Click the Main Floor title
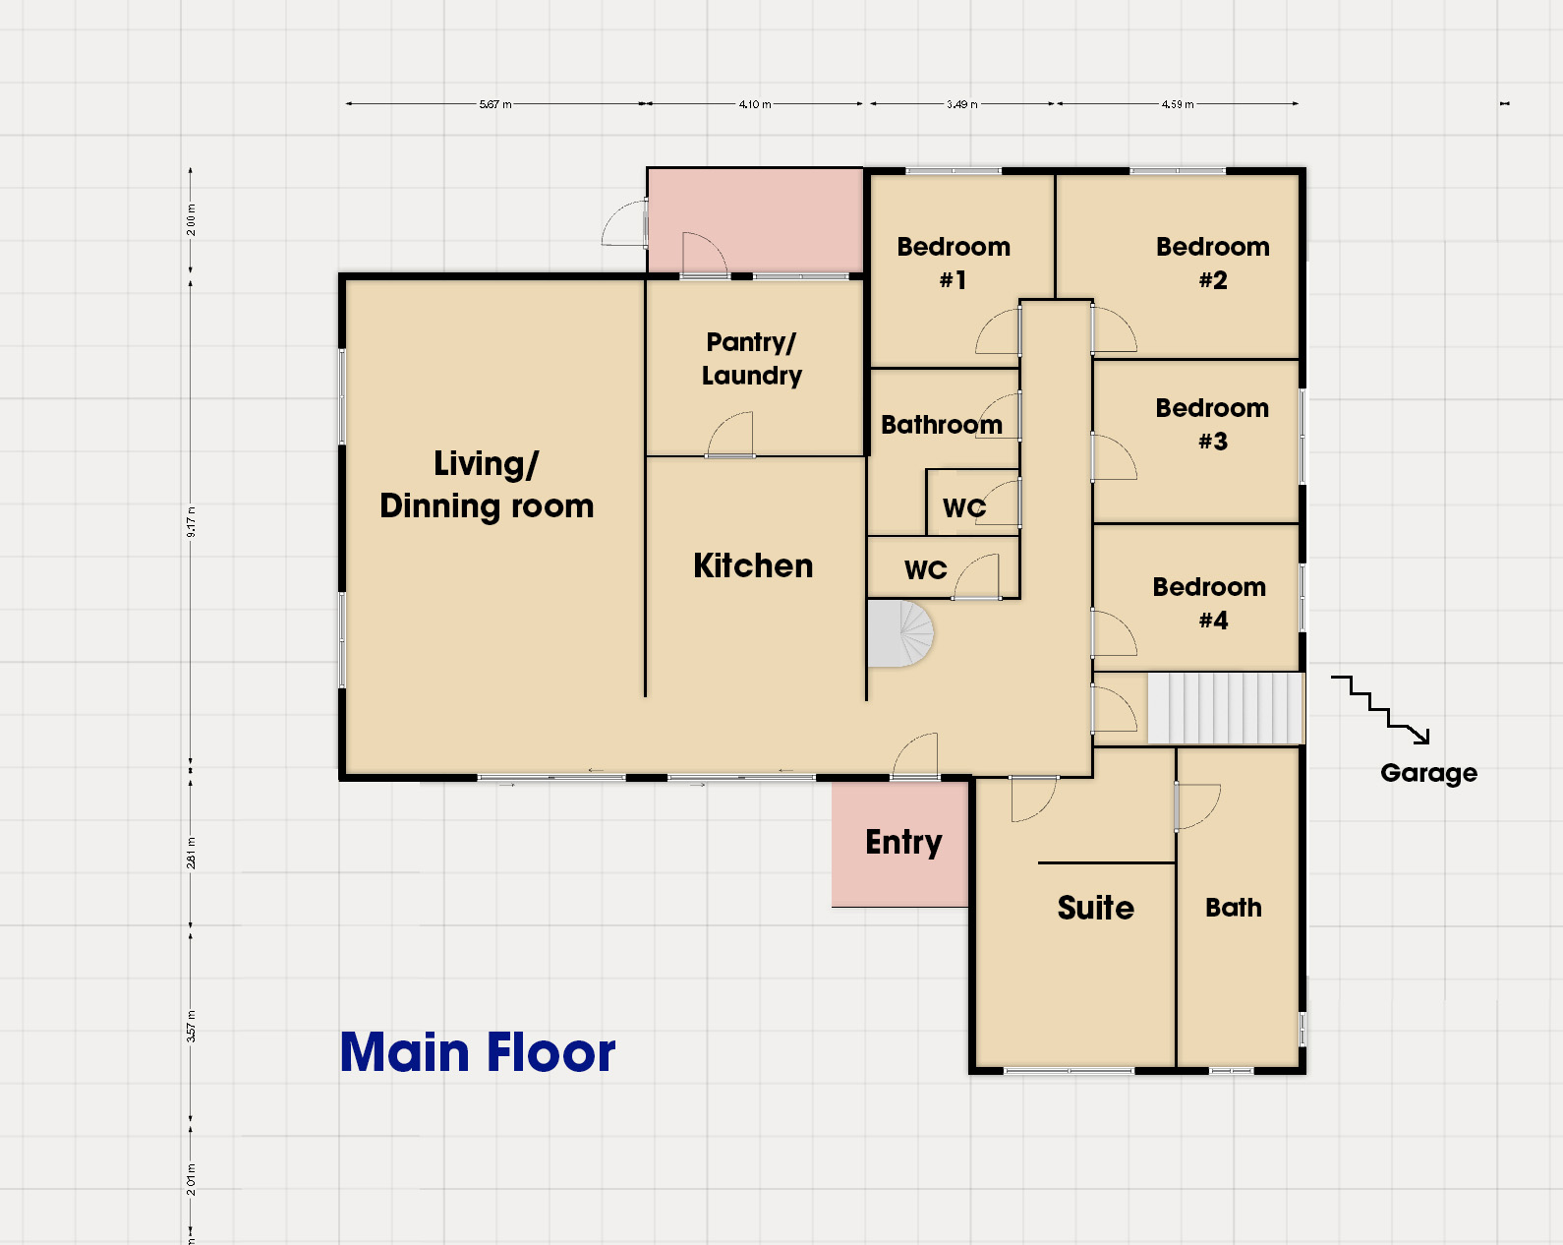[477, 1052]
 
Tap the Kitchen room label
[753, 565]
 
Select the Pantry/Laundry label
[752, 359]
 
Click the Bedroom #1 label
[954, 263]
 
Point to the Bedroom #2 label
[1213, 263]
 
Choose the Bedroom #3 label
[1212, 424]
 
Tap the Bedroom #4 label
[1209, 603]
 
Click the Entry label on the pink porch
[903, 843]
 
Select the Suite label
[1095, 908]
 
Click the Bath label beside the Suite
[1234, 907]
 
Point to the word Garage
[1428, 773]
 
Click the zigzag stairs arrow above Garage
[1380, 709]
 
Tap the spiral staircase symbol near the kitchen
[900, 633]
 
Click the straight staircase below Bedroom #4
[1226, 708]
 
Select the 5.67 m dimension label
[495, 104]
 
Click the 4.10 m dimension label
[755, 104]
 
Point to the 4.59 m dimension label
[1178, 104]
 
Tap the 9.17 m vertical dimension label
[191, 522]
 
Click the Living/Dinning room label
[487, 485]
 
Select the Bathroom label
[942, 425]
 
